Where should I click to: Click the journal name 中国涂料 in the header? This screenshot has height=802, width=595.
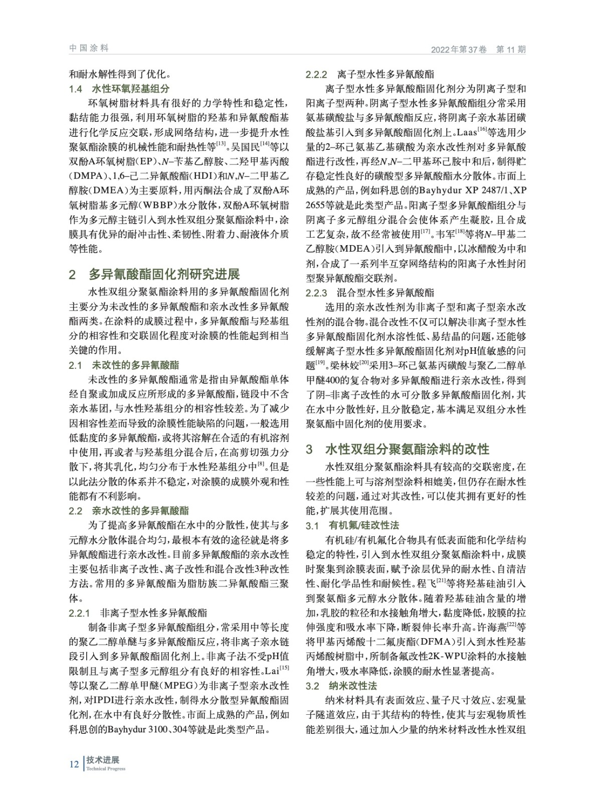click(x=89, y=48)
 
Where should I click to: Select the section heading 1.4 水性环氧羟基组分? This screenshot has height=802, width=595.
click(x=119, y=89)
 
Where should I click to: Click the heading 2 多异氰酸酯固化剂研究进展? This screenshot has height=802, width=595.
click(x=154, y=274)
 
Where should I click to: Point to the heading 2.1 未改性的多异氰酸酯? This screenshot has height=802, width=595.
click(x=124, y=365)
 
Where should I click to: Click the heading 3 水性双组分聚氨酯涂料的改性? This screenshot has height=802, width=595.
click(x=398, y=449)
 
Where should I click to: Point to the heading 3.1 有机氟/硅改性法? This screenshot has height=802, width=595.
click(x=352, y=526)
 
